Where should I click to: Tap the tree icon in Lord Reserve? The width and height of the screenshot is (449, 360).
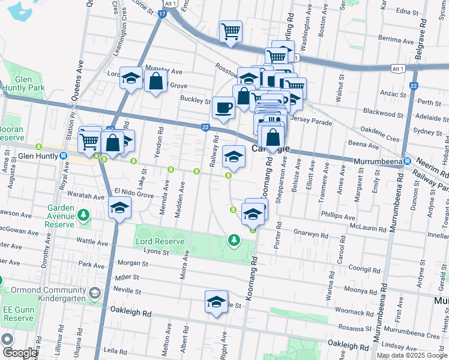(x=233, y=241)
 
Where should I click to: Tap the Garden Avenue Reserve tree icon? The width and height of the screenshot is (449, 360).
(x=83, y=215)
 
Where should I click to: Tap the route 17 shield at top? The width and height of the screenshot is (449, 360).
(x=162, y=14)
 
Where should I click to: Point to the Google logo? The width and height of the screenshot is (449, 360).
(x=19, y=353)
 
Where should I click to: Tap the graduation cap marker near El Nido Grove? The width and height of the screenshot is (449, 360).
(x=119, y=208)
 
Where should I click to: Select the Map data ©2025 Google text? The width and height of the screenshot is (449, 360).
(x=411, y=355)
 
